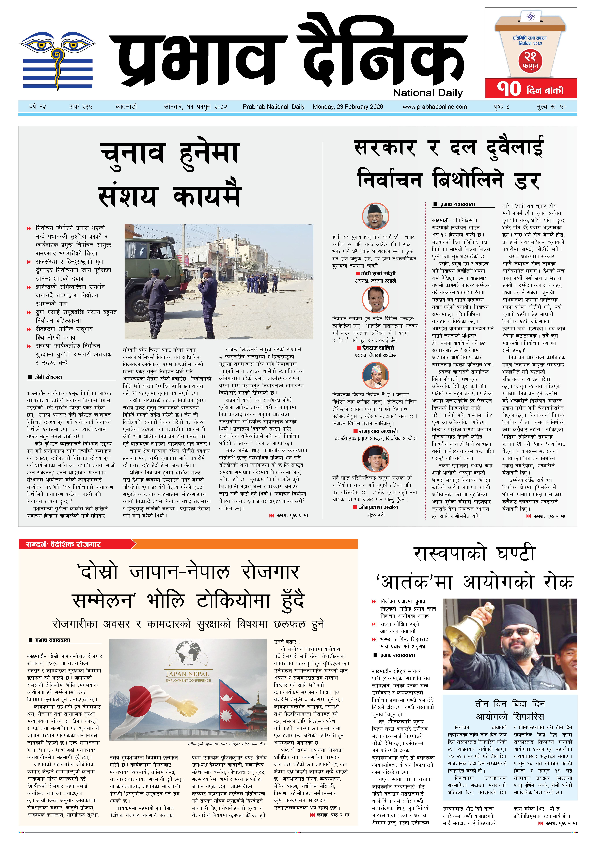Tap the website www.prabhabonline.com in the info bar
coord(435,107)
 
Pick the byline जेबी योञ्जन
coord(48,377)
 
